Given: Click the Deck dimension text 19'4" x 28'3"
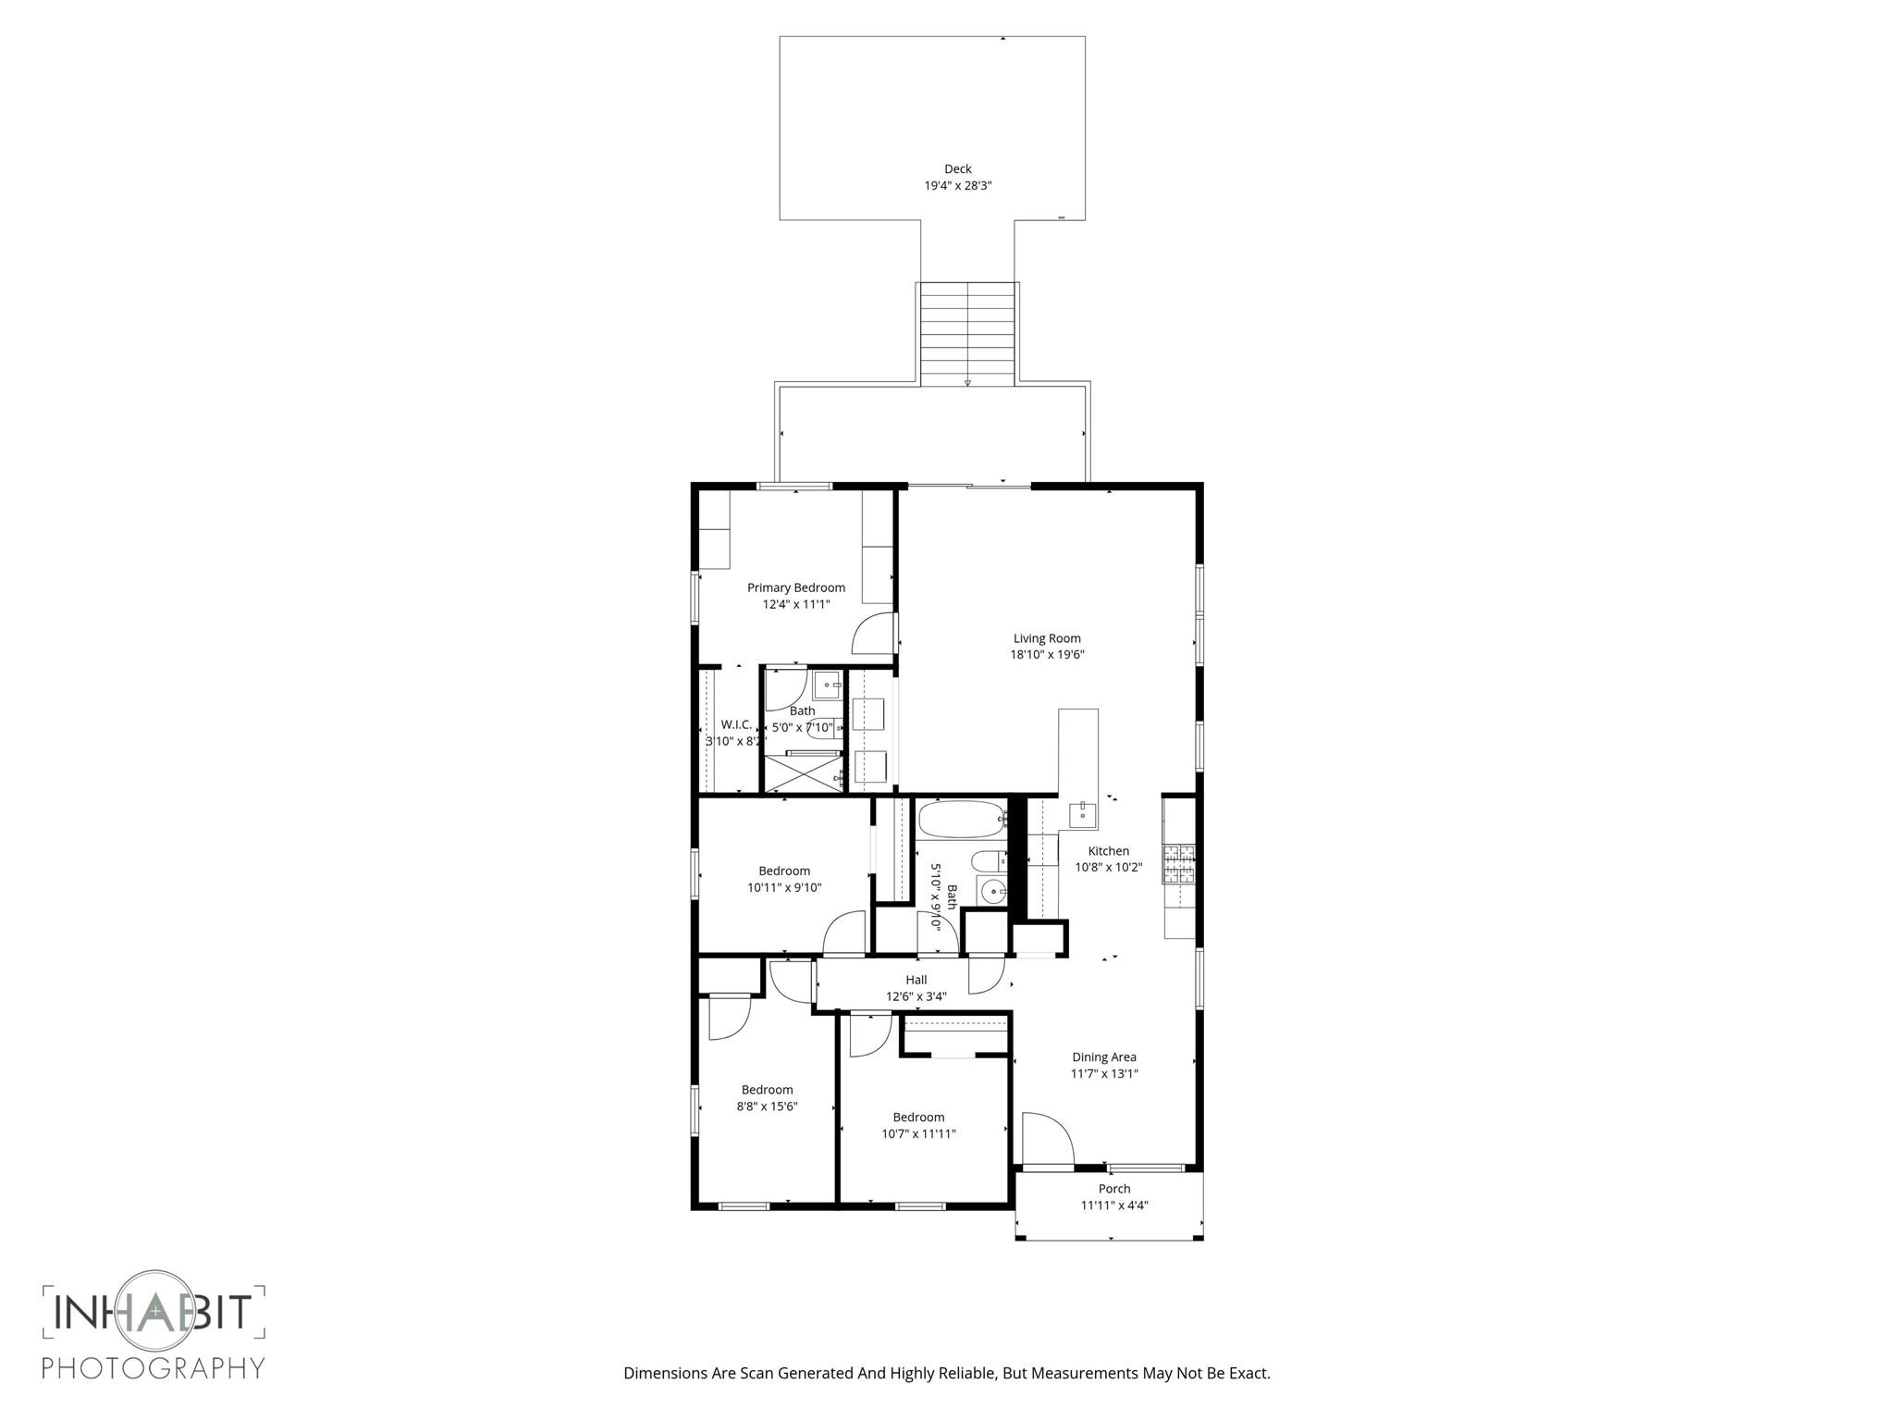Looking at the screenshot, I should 957,186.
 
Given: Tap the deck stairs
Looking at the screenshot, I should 967,333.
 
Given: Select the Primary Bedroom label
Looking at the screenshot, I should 795,587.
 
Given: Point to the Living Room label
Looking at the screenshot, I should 1047,638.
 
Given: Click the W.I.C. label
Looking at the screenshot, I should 736,724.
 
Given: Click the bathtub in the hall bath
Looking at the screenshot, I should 961,819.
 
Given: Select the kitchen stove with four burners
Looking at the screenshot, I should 1178,865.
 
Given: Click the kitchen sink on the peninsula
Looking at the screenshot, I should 1082,815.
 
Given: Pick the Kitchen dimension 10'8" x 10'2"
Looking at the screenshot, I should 1108,868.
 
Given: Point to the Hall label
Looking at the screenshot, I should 916,980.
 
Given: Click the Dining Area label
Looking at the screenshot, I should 1103,1057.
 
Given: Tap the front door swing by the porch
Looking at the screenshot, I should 1045,1138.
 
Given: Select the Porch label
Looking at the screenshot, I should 1113,1189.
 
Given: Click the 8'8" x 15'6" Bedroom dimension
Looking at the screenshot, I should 767,1106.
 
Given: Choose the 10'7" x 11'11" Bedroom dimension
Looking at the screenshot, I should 917,1134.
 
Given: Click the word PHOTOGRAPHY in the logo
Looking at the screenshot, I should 154,1367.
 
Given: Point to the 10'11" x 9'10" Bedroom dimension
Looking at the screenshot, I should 784,888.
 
